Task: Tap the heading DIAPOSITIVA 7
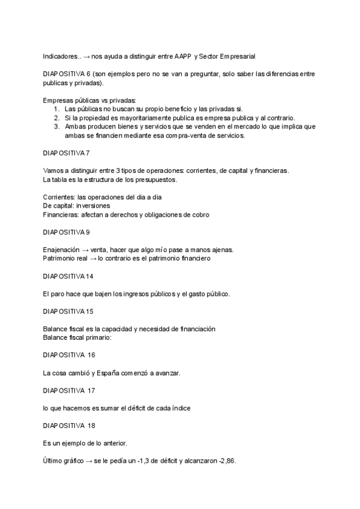(67, 153)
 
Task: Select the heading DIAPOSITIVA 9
(67, 231)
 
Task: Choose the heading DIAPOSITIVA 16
(70, 355)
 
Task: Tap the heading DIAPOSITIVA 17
(70, 391)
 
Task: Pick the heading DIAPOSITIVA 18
(70, 426)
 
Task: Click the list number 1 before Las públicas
(55, 109)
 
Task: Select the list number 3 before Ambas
(55, 127)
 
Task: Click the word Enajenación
(62, 249)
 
